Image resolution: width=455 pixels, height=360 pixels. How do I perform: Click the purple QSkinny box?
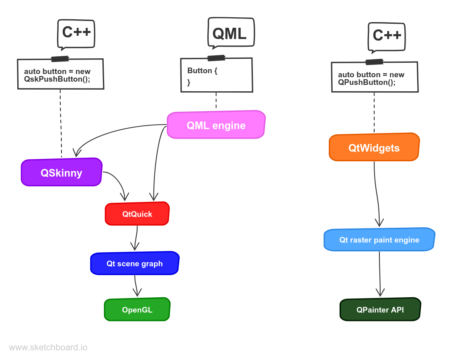[61, 173]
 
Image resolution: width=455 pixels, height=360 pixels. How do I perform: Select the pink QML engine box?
[216, 125]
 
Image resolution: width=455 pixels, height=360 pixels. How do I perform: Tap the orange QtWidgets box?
[374, 148]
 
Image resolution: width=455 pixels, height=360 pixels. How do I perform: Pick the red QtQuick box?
[137, 214]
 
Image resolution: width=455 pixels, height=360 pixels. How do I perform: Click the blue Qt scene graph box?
[134, 263]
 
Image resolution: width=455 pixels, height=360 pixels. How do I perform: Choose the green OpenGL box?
[137, 310]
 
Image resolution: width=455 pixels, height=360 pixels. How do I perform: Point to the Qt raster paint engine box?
[379, 240]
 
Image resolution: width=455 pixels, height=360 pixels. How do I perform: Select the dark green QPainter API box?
[380, 310]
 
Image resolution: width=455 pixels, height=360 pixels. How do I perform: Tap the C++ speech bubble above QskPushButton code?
[76, 33]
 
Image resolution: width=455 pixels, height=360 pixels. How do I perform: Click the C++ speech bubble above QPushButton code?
[386, 37]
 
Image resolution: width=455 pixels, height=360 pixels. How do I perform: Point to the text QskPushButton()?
[57, 79]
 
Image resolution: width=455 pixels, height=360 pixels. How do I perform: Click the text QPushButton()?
[367, 82]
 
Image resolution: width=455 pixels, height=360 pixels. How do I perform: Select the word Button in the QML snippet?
[199, 71]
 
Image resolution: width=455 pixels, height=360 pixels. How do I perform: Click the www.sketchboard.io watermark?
[48, 348]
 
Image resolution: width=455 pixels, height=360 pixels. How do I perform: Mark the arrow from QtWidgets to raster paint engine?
[377, 193]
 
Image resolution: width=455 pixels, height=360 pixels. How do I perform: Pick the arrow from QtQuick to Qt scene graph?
[136, 238]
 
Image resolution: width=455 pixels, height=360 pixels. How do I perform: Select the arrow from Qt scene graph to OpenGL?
[137, 286]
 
